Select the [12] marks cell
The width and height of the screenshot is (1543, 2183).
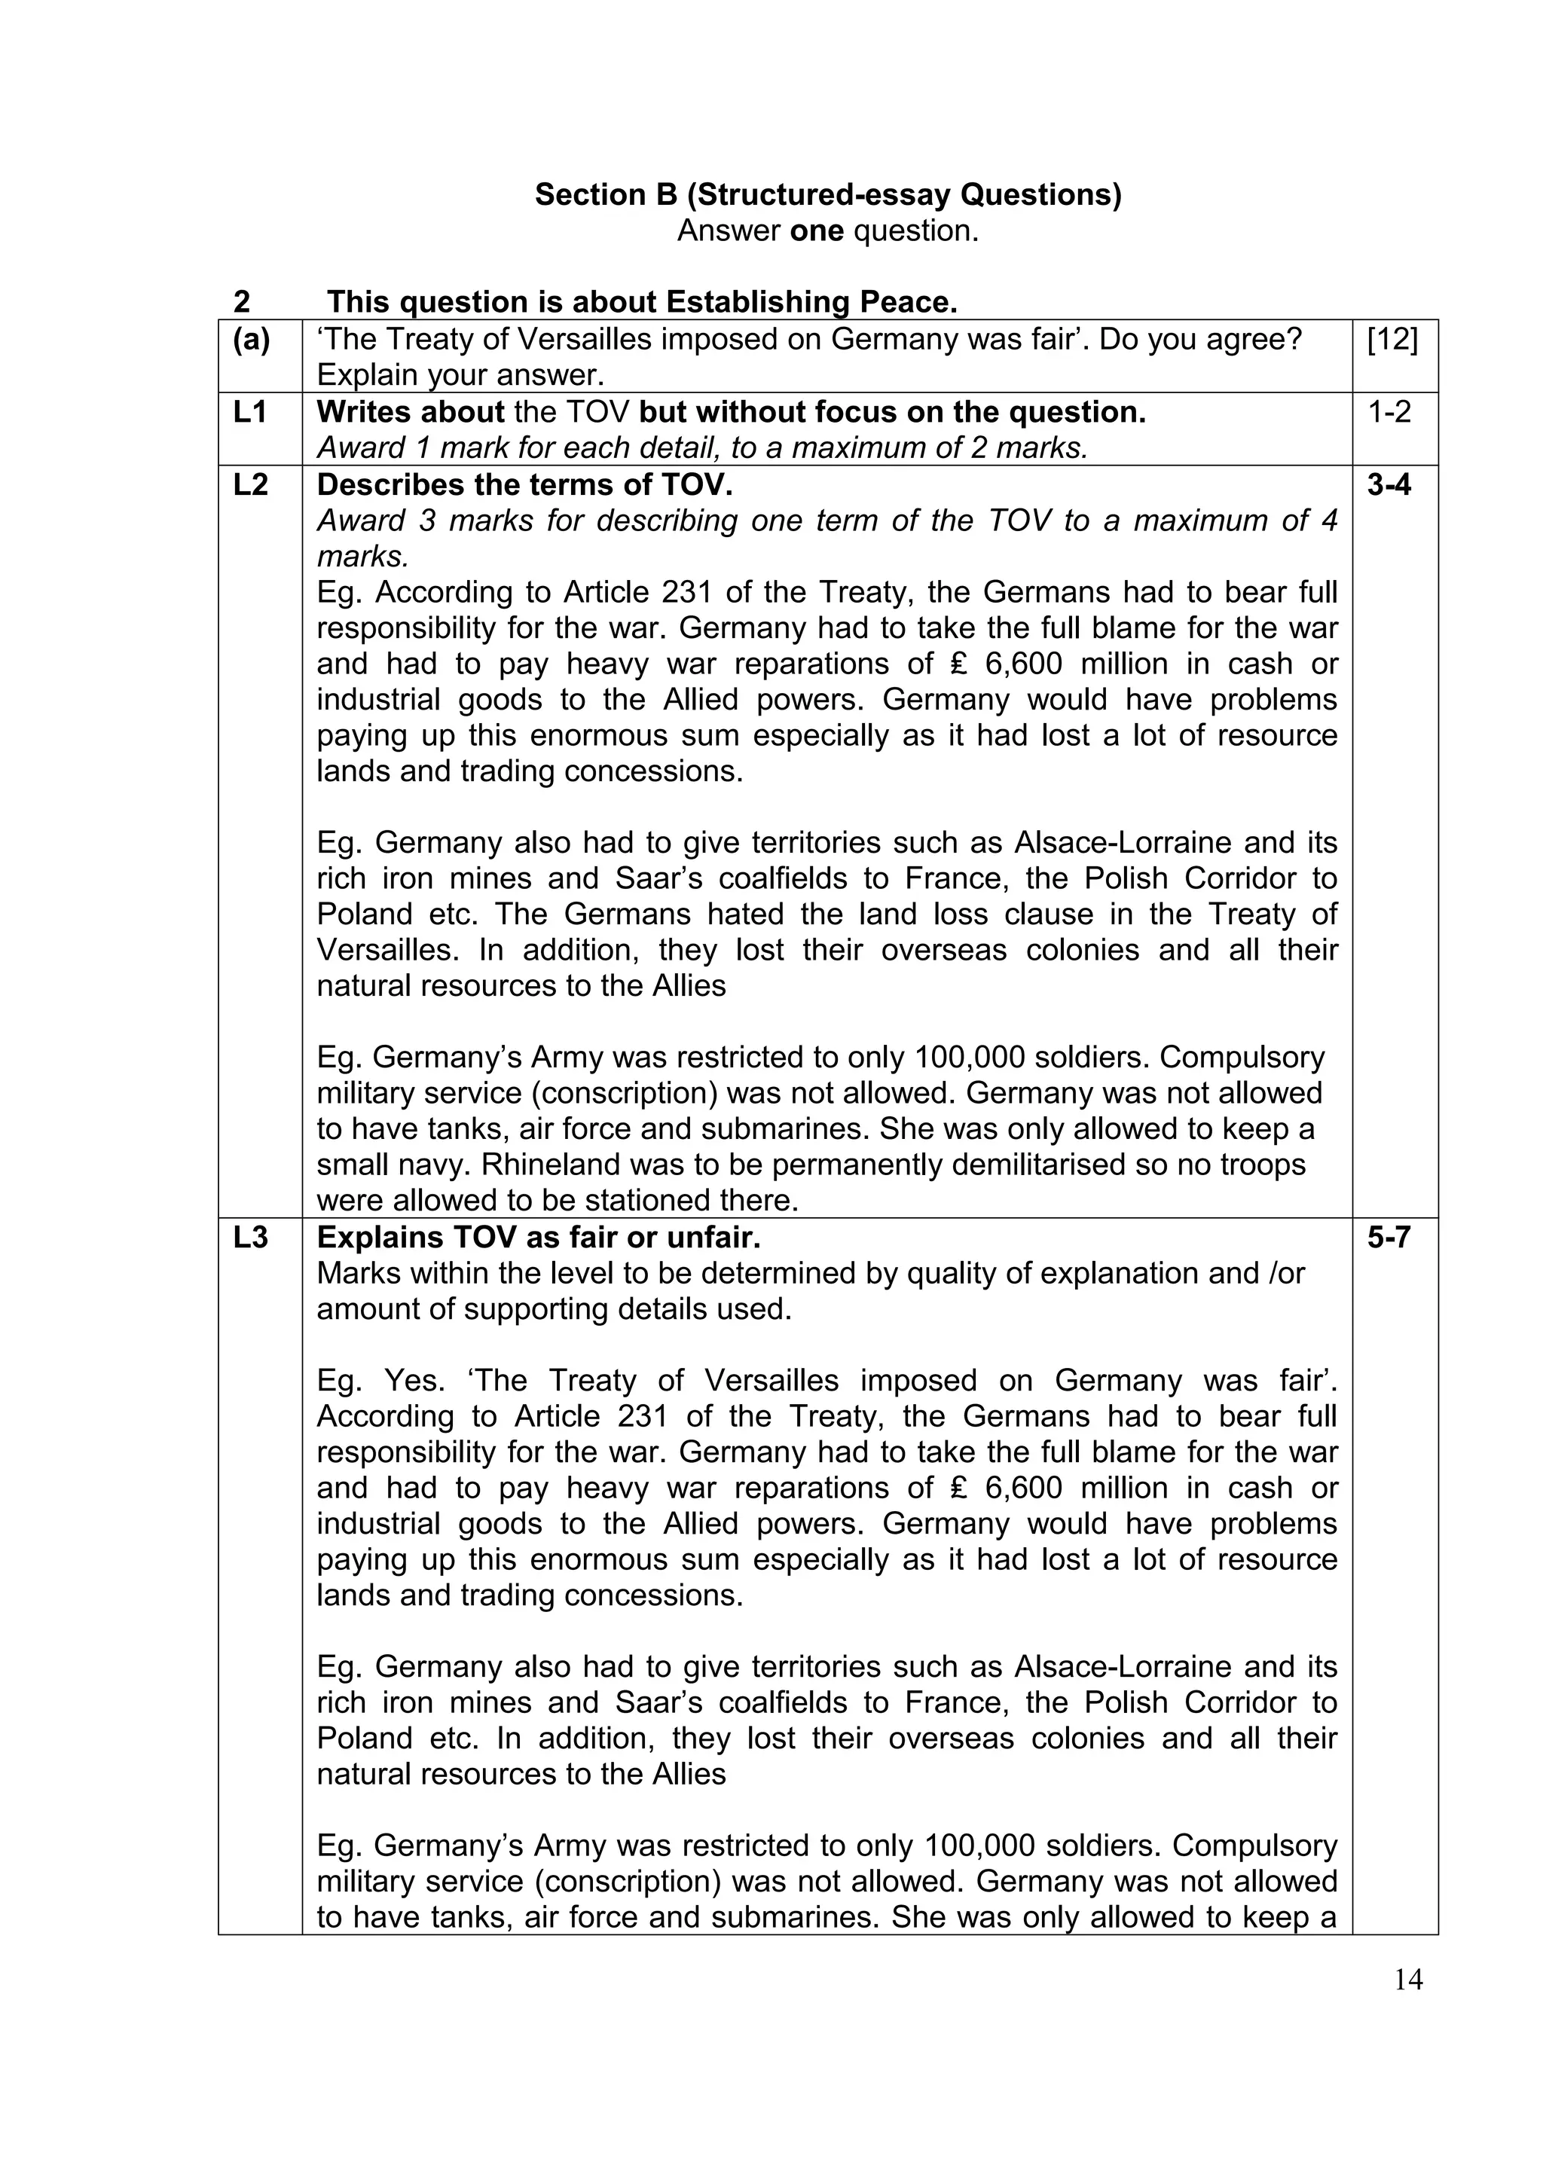coord(1393,340)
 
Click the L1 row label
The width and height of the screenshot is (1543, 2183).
coord(250,413)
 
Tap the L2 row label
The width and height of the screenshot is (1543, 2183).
coord(250,485)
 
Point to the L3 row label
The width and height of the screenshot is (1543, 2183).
coord(250,1238)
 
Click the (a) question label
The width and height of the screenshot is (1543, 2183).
coord(252,340)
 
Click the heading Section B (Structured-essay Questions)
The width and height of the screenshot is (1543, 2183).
coord(828,195)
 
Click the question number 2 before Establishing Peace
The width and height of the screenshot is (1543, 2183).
coord(242,302)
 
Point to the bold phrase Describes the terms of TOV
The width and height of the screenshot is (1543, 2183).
coord(525,485)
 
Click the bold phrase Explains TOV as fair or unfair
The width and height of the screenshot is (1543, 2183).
coord(538,1238)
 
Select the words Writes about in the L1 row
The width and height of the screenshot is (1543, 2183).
coord(410,413)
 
